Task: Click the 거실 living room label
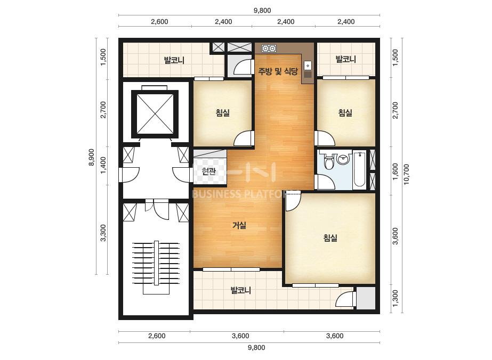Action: tap(239, 225)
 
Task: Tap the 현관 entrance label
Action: tap(208, 171)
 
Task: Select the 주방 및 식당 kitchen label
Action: tap(277, 71)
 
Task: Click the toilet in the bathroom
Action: tap(328, 160)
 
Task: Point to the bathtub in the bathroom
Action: tap(359, 170)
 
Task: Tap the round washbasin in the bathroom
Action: tap(343, 159)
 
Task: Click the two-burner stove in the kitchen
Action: tap(269, 48)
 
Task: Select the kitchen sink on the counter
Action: tap(308, 69)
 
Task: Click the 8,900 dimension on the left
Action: tap(91, 157)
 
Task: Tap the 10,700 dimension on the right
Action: tap(406, 174)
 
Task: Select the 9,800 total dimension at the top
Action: tap(262, 10)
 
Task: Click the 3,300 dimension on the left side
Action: tap(103, 233)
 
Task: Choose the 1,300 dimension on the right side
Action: tap(395, 299)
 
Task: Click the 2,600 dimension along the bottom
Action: tap(157, 336)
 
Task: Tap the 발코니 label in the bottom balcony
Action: tap(240, 290)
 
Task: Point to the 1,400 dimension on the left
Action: tap(103, 165)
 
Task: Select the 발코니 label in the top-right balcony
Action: tap(345, 59)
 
